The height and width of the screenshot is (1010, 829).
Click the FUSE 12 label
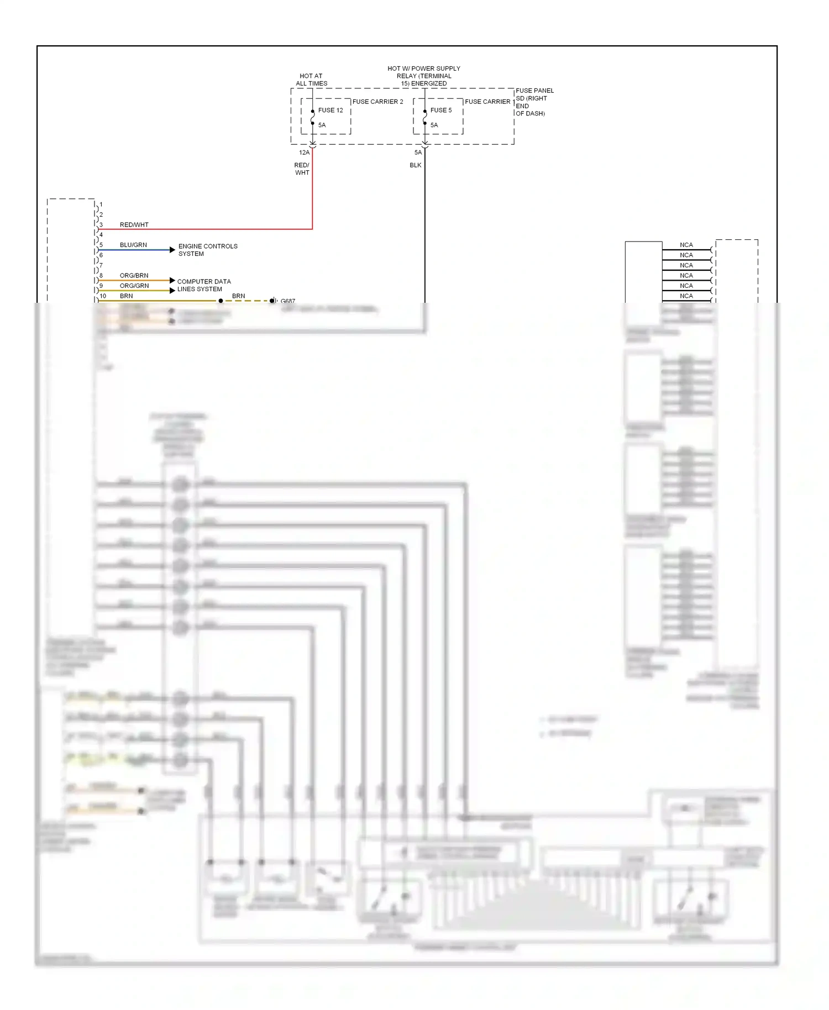(x=330, y=111)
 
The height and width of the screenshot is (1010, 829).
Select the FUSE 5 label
(x=441, y=111)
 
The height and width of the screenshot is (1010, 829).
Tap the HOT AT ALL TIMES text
(x=311, y=80)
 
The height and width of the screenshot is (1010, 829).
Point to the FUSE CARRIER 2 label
(x=377, y=102)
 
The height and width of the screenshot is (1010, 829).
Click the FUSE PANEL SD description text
(x=534, y=102)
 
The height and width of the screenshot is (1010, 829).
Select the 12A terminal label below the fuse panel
(x=304, y=152)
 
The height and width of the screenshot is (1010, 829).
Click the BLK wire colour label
(x=416, y=165)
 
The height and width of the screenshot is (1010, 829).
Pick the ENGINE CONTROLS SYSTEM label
(x=208, y=250)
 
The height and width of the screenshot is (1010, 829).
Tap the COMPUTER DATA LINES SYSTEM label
(x=204, y=285)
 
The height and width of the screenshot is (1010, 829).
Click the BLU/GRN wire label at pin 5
(x=133, y=245)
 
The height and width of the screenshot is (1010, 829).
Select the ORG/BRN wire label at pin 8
(x=134, y=275)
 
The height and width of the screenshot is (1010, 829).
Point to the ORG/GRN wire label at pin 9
(x=134, y=286)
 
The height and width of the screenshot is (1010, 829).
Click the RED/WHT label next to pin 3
(x=134, y=225)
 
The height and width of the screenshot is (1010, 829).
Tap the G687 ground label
(x=288, y=301)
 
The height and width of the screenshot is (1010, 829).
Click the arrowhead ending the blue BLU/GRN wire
(x=172, y=250)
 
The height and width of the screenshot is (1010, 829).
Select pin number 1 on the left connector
(x=101, y=204)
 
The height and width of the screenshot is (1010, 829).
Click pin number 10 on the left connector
(x=103, y=296)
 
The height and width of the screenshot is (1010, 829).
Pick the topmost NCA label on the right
(x=686, y=245)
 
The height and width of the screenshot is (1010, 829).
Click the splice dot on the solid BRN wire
(x=221, y=301)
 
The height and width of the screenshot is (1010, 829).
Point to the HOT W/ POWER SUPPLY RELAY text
(x=424, y=76)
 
